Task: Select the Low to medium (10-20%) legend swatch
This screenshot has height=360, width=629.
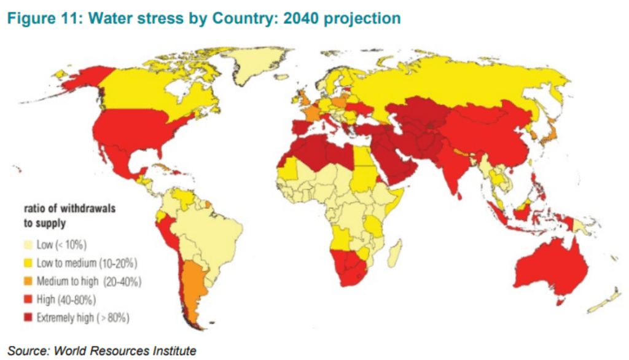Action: (28, 263)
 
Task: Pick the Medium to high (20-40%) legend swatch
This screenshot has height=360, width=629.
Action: (28, 281)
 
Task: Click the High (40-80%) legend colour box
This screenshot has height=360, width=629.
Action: (28, 300)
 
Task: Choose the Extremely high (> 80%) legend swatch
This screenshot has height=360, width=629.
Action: (28, 318)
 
